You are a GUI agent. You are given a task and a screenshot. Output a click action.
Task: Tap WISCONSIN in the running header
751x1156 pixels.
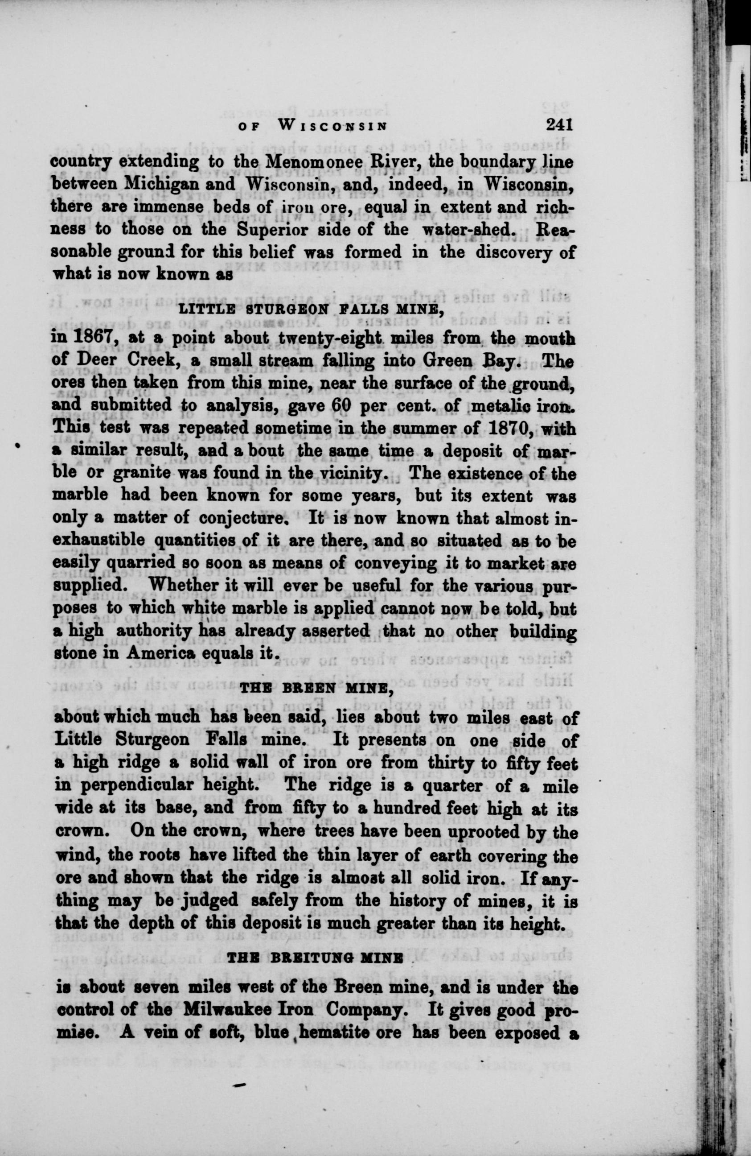pos(333,126)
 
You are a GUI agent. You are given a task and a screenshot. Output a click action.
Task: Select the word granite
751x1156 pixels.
pos(141,475)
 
